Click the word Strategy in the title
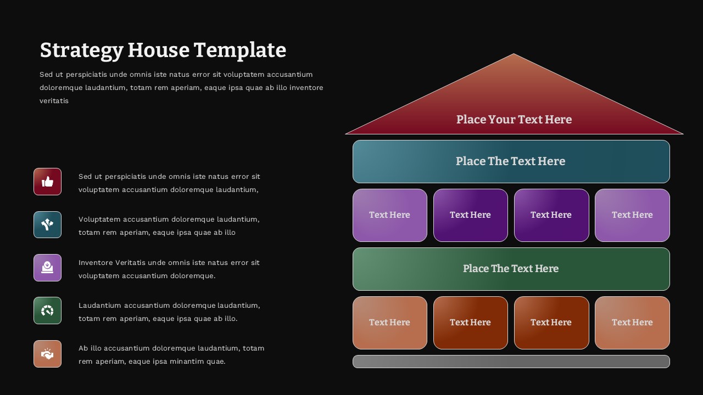(81, 50)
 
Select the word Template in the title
(240, 50)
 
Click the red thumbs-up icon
(47, 182)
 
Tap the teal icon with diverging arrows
(47, 224)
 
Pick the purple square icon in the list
(47, 268)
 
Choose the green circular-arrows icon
(47, 311)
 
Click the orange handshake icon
(47, 354)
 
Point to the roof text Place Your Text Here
(514, 120)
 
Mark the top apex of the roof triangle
(514, 55)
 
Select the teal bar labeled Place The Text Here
(511, 161)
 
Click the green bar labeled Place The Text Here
(511, 269)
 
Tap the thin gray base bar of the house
(511, 362)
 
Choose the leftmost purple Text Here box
(389, 215)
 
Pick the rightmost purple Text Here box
(632, 215)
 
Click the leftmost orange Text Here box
(389, 323)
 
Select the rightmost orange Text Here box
(632, 323)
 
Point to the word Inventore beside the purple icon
(98, 263)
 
